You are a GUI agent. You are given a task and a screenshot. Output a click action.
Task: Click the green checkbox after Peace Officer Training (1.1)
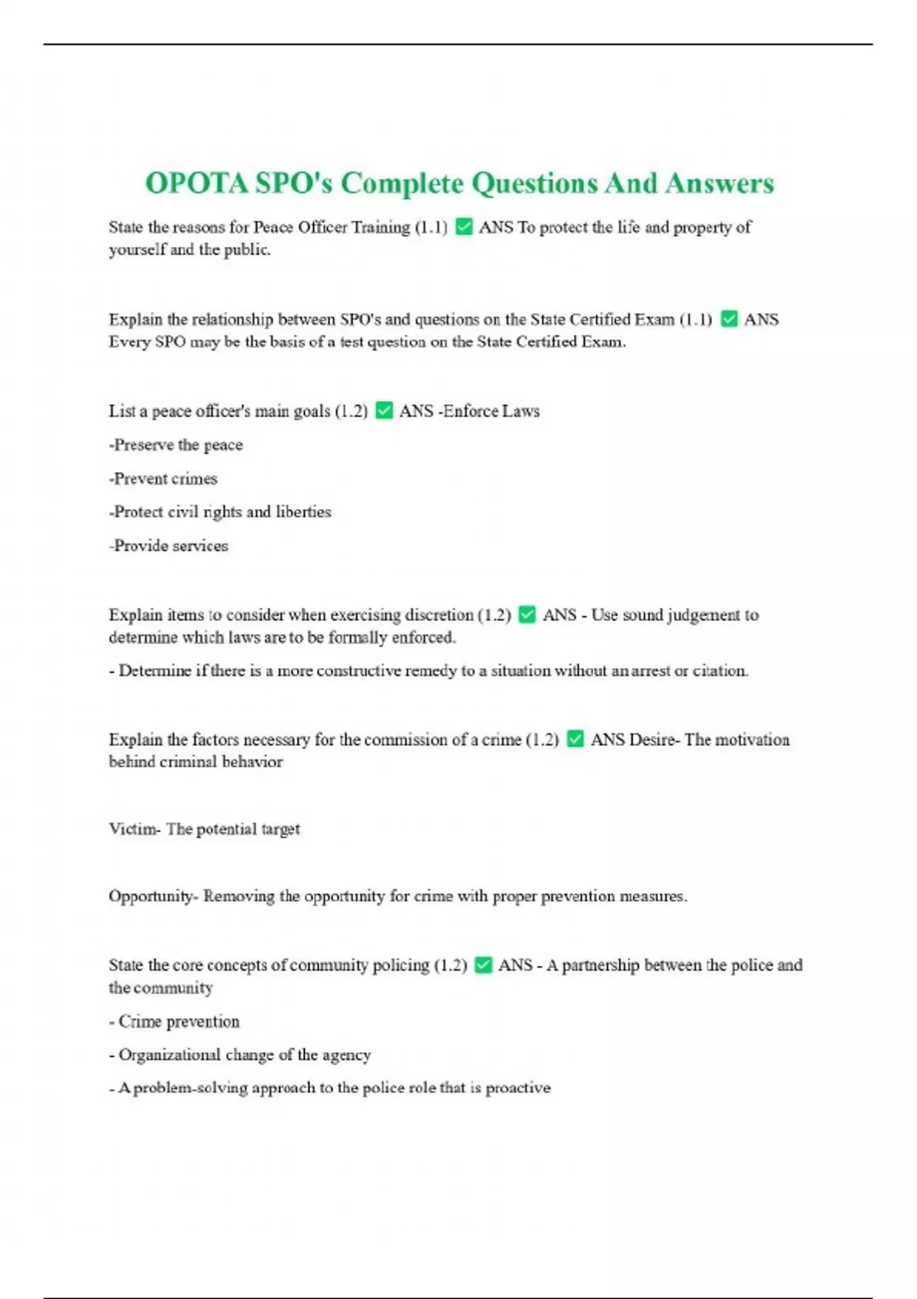[x=464, y=227]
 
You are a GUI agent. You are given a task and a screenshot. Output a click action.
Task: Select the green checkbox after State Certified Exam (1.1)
[x=730, y=319]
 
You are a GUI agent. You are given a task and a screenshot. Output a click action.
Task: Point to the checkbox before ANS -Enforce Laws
[x=384, y=411]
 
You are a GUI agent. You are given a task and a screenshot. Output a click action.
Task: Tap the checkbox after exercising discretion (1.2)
[x=527, y=614]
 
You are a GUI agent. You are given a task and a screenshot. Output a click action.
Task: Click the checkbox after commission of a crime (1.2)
[x=575, y=739]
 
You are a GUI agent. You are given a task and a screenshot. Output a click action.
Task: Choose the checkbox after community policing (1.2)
[x=483, y=965]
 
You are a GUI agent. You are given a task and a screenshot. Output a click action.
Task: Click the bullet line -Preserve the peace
[x=176, y=445]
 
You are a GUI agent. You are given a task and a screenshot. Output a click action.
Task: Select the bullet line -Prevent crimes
[x=164, y=478]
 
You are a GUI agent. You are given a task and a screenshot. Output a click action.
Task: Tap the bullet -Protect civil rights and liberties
[x=220, y=512]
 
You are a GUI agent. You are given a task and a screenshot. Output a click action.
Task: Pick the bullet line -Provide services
[x=169, y=546]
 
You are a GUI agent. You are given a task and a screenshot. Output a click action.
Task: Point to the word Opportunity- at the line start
[x=153, y=896]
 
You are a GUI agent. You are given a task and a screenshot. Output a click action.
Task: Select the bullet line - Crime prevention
[x=174, y=1022]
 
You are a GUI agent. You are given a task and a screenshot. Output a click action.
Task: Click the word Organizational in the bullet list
[x=169, y=1054]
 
